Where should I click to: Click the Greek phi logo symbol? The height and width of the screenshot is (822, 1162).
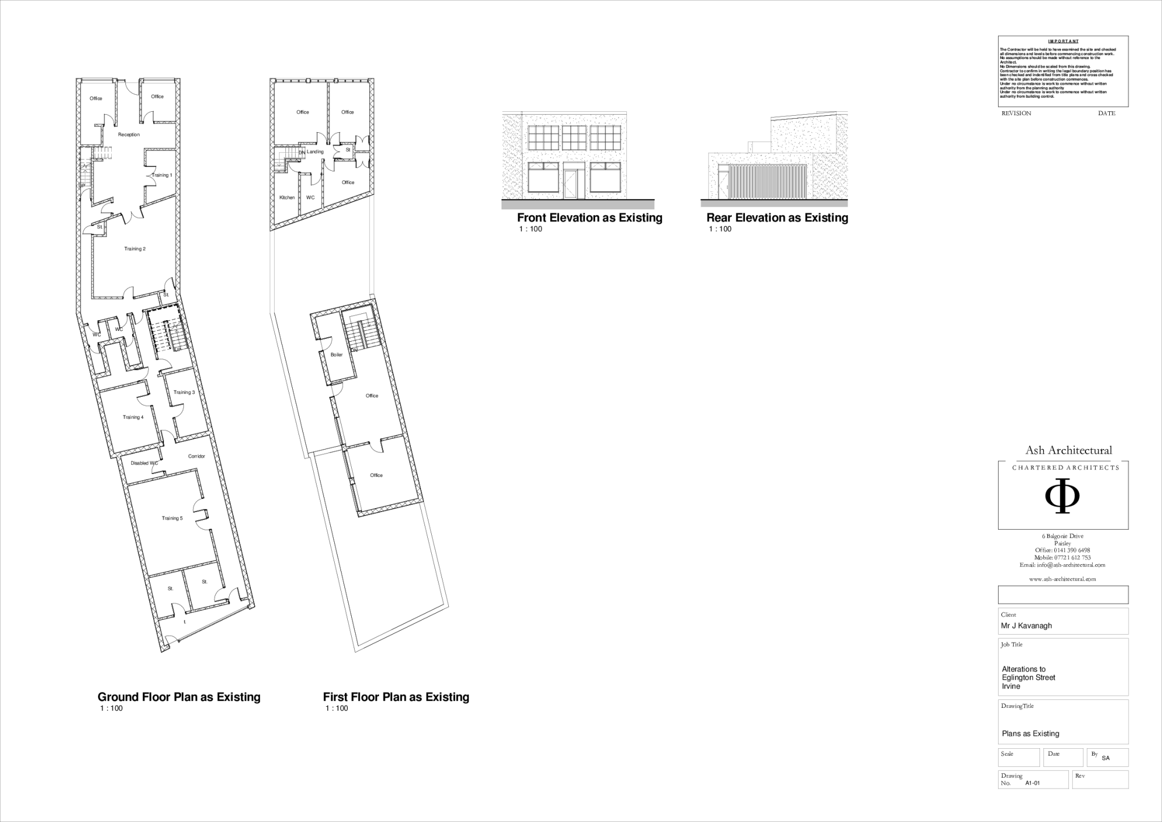[x=1062, y=500]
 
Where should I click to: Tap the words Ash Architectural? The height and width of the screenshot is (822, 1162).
[x=1068, y=451]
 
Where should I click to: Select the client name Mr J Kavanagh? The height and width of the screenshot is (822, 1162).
[x=1026, y=626]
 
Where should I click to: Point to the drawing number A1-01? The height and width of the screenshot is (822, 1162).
[x=1033, y=783]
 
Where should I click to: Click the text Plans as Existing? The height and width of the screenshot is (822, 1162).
[x=1030, y=733]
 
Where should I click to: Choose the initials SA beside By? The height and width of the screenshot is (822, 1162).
[x=1105, y=758]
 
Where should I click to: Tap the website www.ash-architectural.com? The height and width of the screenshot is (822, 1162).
[x=1062, y=579]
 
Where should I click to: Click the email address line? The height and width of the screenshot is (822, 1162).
[x=1062, y=565]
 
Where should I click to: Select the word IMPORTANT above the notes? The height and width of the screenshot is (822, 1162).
[x=1062, y=41]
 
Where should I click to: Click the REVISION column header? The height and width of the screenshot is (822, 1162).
[x=1016, y=114]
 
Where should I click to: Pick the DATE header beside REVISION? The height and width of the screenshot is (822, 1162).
[x=1106, y=114]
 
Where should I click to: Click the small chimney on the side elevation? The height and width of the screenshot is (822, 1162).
[x=750, y=147]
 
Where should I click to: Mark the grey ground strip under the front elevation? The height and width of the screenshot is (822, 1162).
[x=578, y=205]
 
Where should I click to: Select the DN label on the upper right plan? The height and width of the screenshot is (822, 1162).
[x=301, y=153]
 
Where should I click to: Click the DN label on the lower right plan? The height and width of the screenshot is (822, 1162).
[x=355, y=350]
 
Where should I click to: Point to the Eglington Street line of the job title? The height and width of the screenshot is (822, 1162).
[x=1028, y=678]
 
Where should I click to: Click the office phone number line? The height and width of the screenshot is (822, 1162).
[x=1062, y=551]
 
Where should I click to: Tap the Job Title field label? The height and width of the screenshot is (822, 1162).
[x=1012, y=644]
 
